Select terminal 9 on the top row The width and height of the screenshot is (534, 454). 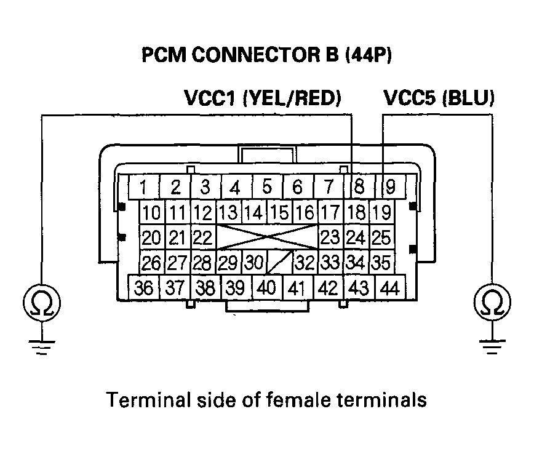[x=389, y=186]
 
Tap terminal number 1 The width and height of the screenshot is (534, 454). [x=143, y=186]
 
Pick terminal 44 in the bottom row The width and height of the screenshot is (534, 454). [x=389, y=287]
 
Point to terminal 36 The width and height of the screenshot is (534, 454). [x=145, y=287]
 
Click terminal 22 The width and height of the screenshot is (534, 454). [x=201, y=237]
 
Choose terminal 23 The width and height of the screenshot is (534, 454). [x=330, y=237]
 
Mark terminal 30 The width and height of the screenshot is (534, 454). [x=253, y=263]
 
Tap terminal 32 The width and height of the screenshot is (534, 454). [x=305, y=263]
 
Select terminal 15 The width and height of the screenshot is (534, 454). [x=279, y=213]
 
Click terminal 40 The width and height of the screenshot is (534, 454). [x=266, y=287]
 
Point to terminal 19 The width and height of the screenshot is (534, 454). [x=381, y=213]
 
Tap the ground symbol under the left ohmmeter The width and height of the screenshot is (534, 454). [x=41, y=348]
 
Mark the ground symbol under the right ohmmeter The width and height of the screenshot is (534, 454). [x=492, y=348]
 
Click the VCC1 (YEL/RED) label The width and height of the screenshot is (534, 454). [x=263, y=98]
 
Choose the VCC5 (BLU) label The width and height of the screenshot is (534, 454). [x=439, y=98]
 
